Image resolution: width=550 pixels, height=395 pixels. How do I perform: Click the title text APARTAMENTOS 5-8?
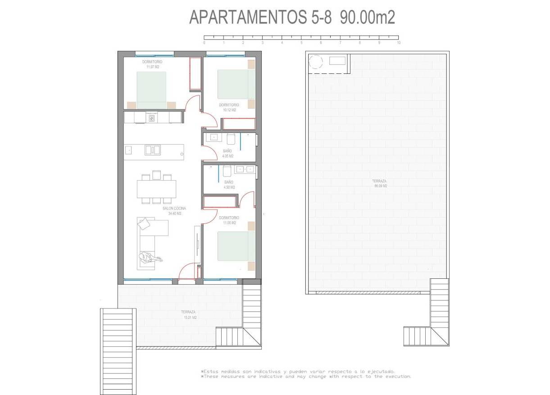pyautogui.click(x=262, y=18)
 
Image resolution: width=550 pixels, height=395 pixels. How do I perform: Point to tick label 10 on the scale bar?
pyautogui.click(x=399, y=43)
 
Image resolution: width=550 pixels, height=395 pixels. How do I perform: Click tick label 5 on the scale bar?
pyautogui.click(x=301, y=43)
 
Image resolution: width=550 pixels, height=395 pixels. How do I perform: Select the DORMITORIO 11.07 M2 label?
pyautogui.click(x=152, y=64)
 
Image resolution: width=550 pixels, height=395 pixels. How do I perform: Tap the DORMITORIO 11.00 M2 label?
pyautogui.click(x=229, y=220)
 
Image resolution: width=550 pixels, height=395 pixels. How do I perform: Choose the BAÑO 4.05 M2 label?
pyautogui.click(x=227, y=154)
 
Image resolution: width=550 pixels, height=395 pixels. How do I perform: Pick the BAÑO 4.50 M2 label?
pyautogui.click(x=228, y=185)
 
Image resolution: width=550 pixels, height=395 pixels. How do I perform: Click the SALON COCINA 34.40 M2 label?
pyautogui.click(x=174, y=211)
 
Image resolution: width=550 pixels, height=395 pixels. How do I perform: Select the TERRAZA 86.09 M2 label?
pyautogui.click(x=379, y=183)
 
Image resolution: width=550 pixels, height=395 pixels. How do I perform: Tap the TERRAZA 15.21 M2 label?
pyautogui.click(x=189, y=314)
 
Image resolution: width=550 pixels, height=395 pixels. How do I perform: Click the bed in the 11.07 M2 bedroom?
pyautogui.click(x=151, y=90)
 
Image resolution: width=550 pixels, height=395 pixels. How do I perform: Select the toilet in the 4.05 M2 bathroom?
pyautogui.click(x=231, y=138)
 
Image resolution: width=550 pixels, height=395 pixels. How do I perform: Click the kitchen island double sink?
pyautogui.click(x=152, y=150)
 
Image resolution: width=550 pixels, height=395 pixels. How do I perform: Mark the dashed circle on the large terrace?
pyautogui.click(x=315, y=61)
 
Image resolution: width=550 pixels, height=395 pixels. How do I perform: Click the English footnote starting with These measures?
pyautogui.click(x=306, y=377)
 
